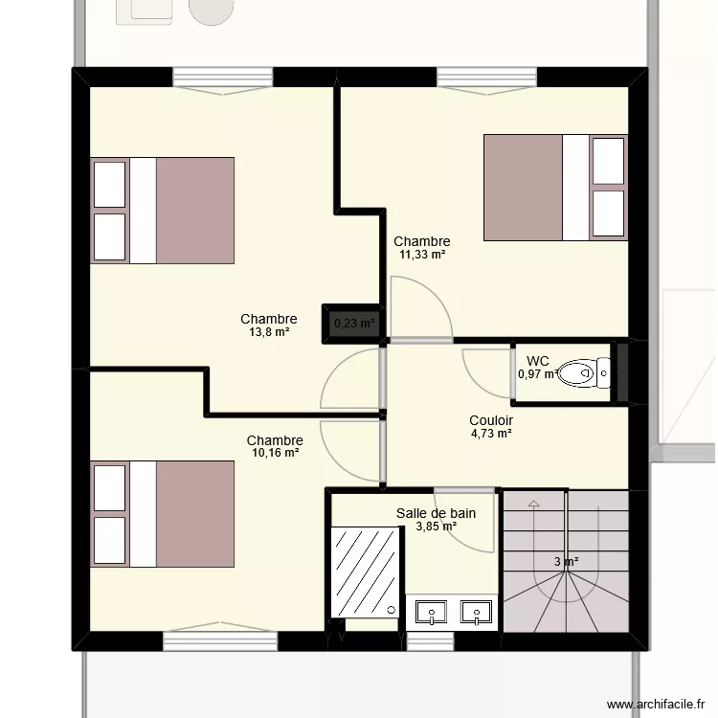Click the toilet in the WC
point(584,373)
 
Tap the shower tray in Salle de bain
point(366,572)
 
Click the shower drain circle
point(391,610)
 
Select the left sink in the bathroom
point(431,613)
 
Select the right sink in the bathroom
point(476,613)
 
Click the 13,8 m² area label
point(269,332)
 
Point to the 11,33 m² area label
point(422,254)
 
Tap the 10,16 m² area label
point(275,453)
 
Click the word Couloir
point(491,420)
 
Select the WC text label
point(538,361)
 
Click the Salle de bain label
point(436,513)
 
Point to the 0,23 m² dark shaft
point(352,324)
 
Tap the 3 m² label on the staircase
point(566,561)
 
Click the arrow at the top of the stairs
point(533,504)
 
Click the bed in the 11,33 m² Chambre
point(555,188)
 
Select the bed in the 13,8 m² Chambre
point(163,211)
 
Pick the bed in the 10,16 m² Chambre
point(163,514)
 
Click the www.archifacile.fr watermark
point(656,704)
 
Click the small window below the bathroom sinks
point(431,641)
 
